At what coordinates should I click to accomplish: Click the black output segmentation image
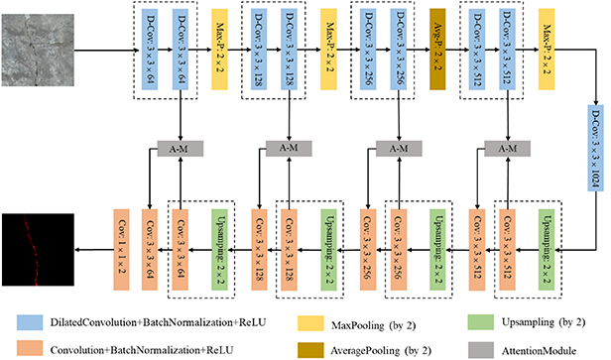pyautogui.click(x=37, y=237)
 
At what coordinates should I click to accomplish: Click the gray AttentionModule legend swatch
pyautogui.click(x=476, y=346)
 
